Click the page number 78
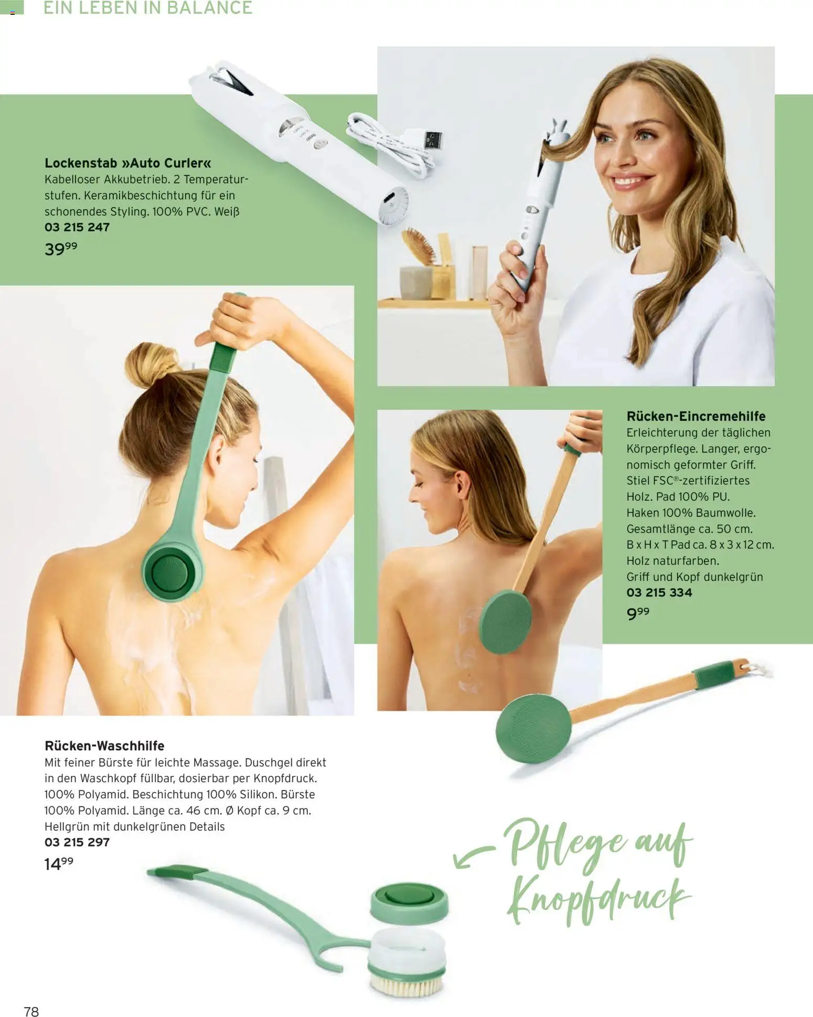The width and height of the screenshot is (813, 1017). click(x=31, y=1011)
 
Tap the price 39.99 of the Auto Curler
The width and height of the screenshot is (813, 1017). click(x=61, y=248)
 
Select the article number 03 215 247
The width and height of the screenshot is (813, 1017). click(x=77, y=227)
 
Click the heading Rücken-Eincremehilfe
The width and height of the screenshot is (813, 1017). click(x=696, y=416)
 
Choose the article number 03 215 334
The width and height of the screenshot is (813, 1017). click(x=659, y=592)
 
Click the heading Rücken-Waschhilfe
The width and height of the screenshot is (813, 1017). click(x=104, y=745)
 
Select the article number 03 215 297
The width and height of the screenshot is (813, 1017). click(x=77, y=842)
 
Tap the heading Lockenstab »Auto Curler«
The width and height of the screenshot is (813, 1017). click(x=128, y=163)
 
